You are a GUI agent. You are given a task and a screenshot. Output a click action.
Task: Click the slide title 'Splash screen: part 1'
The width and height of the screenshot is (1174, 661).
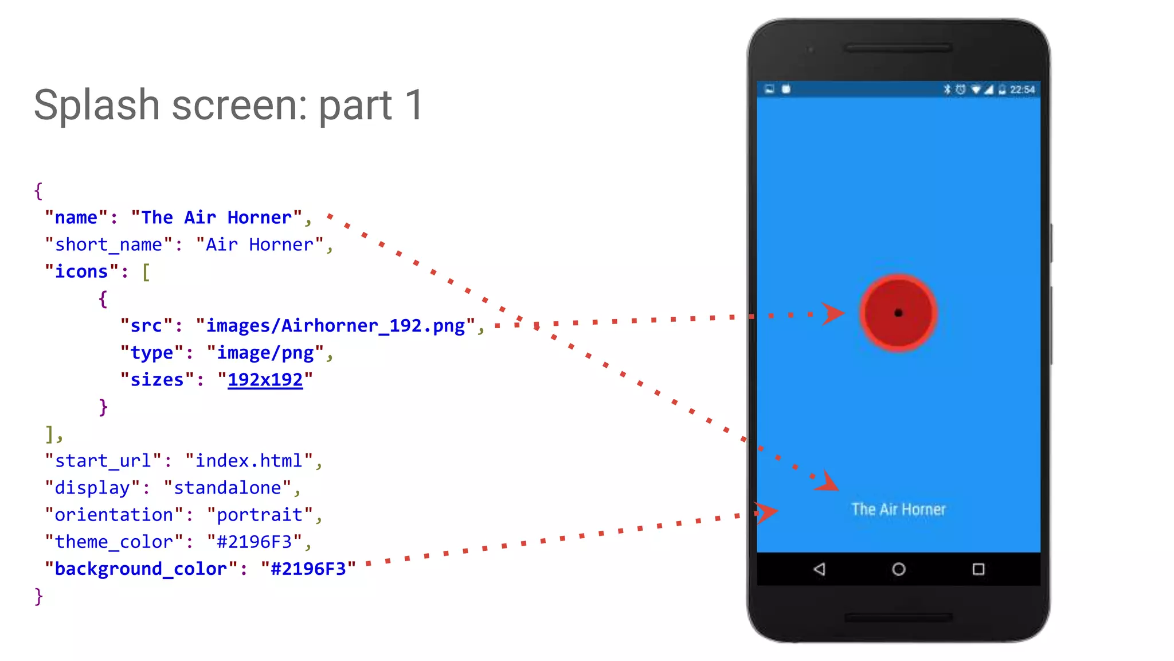(228, 105)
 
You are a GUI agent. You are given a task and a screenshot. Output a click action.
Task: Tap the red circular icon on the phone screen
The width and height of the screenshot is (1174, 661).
(898, 313)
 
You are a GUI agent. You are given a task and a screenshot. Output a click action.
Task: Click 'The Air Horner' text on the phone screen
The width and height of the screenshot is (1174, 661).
(898, 509)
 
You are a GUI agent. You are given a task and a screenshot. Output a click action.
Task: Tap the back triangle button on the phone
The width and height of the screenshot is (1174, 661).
(819, 569)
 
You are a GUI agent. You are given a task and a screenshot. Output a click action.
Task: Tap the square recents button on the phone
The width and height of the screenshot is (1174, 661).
(978, 569)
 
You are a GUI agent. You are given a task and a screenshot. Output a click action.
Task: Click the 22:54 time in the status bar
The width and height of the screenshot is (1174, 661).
(1022, 90)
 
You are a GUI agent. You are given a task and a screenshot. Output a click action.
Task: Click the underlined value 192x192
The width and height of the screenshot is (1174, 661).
(265, 380)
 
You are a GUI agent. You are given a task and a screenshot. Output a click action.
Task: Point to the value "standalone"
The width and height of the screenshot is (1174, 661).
(228, 488)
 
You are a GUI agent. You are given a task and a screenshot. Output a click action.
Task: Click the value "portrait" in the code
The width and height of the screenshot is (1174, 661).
(260, 515)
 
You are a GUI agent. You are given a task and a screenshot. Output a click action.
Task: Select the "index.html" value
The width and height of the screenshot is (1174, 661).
(249, 461)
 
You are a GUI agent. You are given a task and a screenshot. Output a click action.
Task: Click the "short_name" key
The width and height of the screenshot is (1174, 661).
(108, 245)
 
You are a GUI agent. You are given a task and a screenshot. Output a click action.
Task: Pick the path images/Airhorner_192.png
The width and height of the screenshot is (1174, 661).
(335, 326)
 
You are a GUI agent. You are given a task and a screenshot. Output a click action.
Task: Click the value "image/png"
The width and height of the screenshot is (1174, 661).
(265, 353)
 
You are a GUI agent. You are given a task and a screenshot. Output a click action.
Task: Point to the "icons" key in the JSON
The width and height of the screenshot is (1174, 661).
(81, 272)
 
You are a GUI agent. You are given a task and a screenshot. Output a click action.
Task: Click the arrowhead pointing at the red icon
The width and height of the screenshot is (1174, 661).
(832, 313)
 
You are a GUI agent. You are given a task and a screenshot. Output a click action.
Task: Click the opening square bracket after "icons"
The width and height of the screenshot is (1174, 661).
(146, 272)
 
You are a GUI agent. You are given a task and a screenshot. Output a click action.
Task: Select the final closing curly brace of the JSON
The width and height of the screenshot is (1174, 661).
(38, 596)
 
